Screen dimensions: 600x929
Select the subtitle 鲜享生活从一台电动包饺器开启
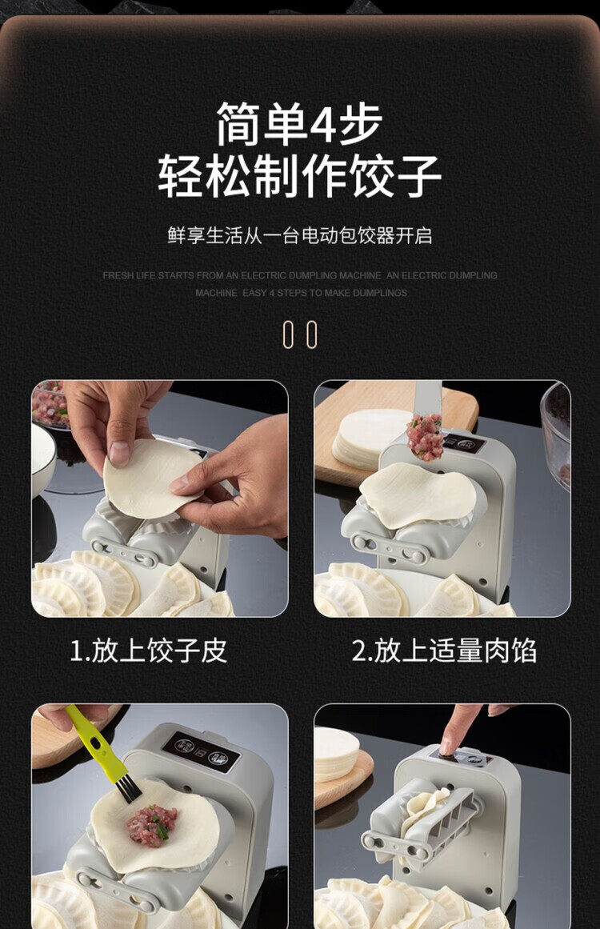pos(300,235)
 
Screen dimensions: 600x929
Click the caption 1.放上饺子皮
pos(148,651)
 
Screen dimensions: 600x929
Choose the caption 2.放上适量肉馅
pos(444,651)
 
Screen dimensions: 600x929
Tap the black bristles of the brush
pos(128,789)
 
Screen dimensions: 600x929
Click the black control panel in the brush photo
pos(201,750)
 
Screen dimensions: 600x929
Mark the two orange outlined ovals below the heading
pos(300,334)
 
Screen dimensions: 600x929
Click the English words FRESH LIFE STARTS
pos(148,275)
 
